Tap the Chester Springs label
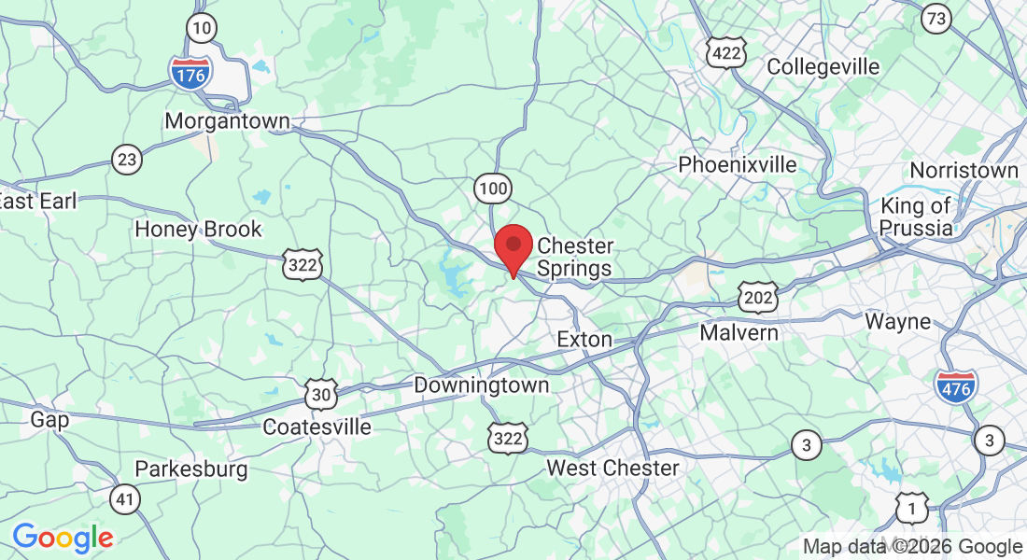coord(575,258)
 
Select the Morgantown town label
coord(227,121)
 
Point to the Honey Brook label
coord(198,230)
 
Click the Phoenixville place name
coord(738,165)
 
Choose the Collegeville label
coord(823,67)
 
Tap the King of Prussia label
coord(915,217)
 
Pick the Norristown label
coord(964,171)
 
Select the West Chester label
coord(612,468)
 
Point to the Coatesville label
coord(317,427)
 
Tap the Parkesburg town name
coord(191,469)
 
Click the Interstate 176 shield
coord(190,72)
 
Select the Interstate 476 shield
coord(955,385)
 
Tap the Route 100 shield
coord(492,189)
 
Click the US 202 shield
coord(757,296)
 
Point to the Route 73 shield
coord(936,18)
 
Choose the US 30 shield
coord(321,394)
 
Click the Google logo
coord(63,538)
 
